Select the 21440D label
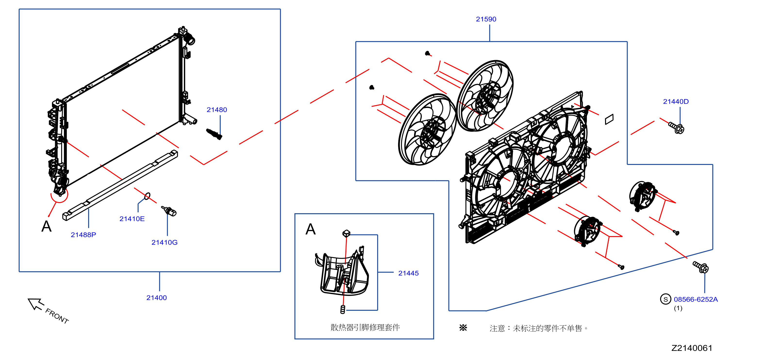coord(676,101)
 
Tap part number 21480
coord(217,110)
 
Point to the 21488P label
coord(83,235)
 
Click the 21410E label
coord(132,219)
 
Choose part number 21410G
coord(165,243)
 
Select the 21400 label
coord(157,298)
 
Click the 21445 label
coord(408,273)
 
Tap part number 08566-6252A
coord(696,299)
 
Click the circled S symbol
coord(665,299)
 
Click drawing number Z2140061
coord(692,348)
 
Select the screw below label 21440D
coord(676,128)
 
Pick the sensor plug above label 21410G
coord(169,210)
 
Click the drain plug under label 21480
coord(214,134)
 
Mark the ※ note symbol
coord(463,328)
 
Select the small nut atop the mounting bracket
coord(346,233)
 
